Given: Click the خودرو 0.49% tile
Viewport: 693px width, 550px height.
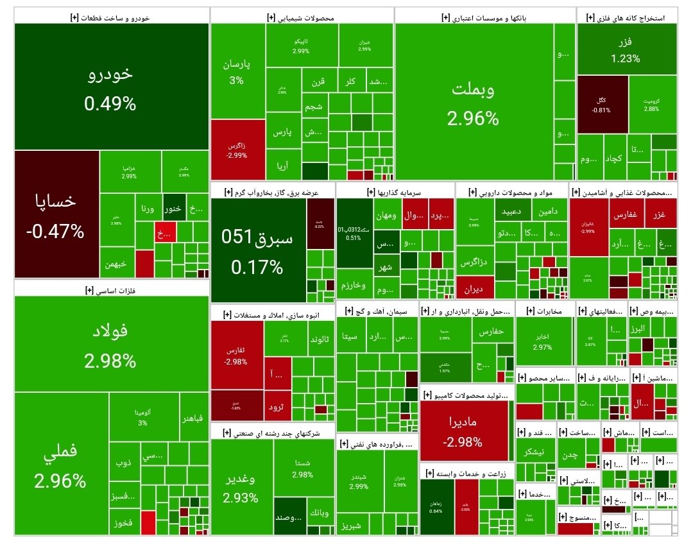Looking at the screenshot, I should pos(111,87).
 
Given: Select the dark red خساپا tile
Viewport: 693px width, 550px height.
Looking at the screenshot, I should pos(56,214).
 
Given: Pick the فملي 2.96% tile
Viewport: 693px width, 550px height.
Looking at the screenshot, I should pos(61,463).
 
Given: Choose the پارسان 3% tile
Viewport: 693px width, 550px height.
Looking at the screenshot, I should pos(237,71).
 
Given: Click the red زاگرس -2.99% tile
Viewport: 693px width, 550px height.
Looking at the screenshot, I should pos(237,149).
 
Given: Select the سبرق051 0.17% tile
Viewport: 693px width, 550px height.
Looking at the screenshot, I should pos(257,247).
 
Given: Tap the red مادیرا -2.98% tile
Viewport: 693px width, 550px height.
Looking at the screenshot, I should pos(464,431).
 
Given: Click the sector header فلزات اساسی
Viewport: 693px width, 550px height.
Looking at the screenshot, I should pos(111,290).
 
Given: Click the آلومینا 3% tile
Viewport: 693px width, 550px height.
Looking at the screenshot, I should pos(142,417).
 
